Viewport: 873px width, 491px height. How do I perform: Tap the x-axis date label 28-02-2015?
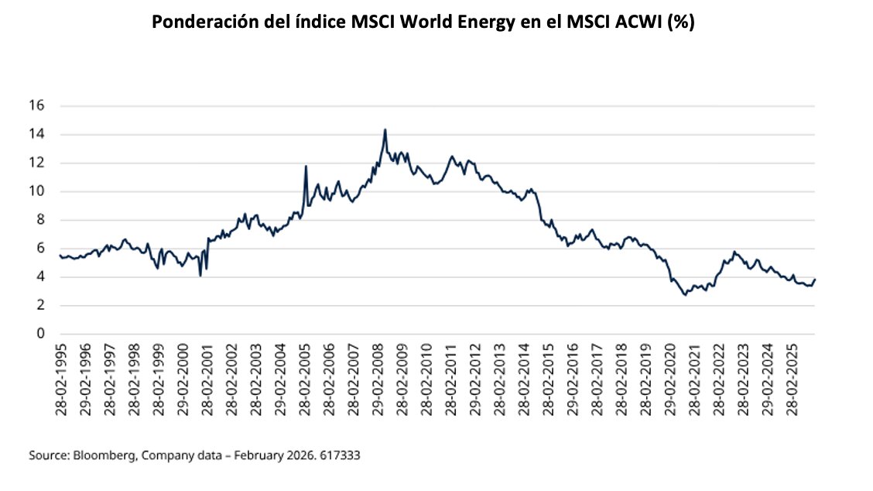coord(547,377)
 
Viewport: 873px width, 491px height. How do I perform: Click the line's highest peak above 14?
coord(385,129)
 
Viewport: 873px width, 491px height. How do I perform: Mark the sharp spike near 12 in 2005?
coord(306,166)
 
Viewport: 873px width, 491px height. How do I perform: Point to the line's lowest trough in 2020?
coord(685,295)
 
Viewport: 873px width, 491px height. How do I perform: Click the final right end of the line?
coord(815,280)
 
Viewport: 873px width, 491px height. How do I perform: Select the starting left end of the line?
coord(60,256)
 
